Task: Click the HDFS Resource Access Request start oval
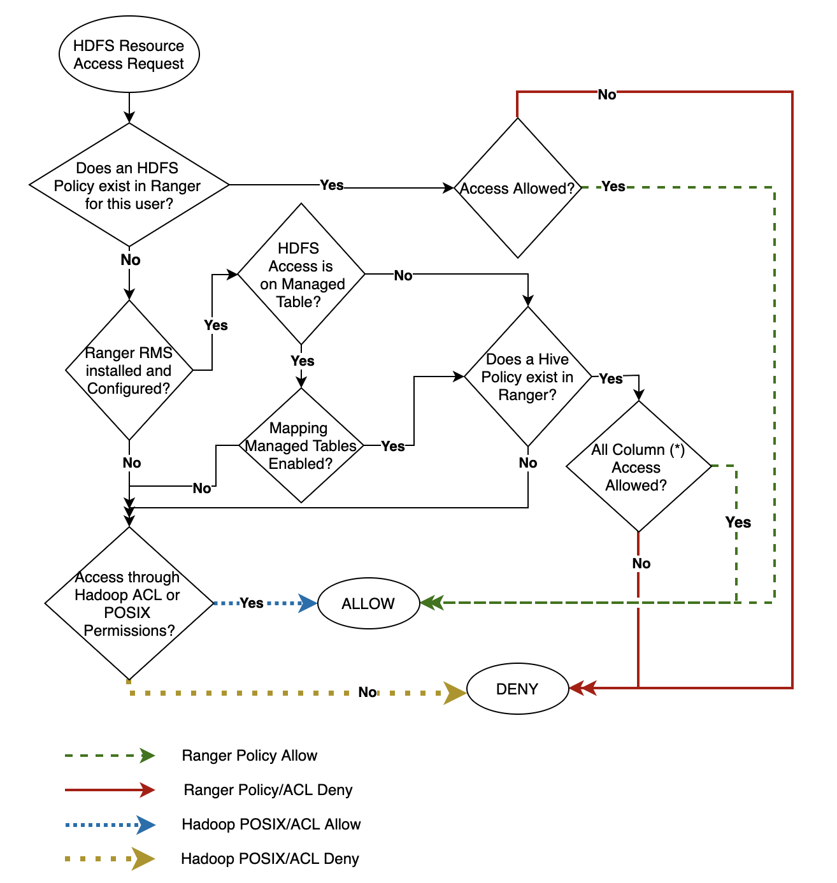(x=129, y=55)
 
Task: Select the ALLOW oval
(x=368, y=603)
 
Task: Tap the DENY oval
(x=517, y=689)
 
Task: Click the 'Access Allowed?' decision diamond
(x=517, y=188)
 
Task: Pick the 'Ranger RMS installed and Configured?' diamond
(x=129, y=370)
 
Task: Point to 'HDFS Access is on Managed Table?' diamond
(x=301, y=275)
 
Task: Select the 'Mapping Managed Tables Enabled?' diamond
(x=301, y=445)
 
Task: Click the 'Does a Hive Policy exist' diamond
(x=528, y=377)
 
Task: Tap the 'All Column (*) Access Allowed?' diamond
(x=638, y=467)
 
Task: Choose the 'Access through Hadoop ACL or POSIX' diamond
(x=129, y=603)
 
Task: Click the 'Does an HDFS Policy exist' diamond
(x=129, y=185)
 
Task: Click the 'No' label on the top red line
(x=606, y=95)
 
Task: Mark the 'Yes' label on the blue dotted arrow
(x=252, y=603)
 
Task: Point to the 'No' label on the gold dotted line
(x=368, y=693)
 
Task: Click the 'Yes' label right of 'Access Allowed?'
(x=613, y=187)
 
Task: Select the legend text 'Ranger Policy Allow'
(x=249, y=756)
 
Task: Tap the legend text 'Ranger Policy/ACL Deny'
(x=268, y=790)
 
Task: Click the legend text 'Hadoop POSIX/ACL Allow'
(x=271, y=824)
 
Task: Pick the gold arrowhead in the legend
(x=143, y=859)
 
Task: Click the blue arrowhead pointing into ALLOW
(x=308, y=603)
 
